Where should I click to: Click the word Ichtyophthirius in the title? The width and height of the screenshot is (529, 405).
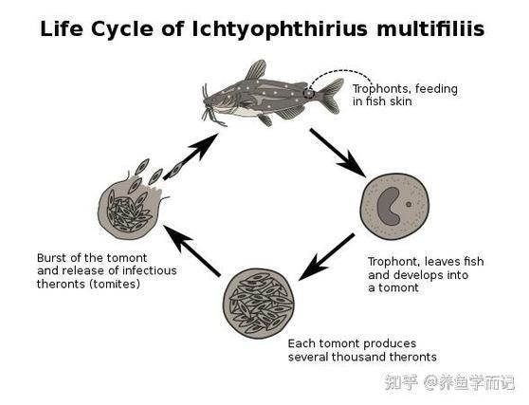[x=280, y=29]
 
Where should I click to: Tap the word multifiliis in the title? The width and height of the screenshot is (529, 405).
[x=430, y=28]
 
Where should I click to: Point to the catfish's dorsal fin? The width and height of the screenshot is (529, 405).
[x=255, y=69]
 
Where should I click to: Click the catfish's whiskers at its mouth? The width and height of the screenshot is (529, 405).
[x=210, y=108]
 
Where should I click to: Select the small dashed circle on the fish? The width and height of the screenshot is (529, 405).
[x=308, y=93]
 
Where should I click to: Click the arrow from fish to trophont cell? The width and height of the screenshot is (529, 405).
[x=338, y=153]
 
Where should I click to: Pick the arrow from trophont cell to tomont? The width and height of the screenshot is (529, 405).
[x=326, y=256]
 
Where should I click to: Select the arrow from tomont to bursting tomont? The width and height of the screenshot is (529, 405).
[x=192, y=250]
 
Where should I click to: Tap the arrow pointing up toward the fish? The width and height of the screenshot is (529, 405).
[x=191, y=156]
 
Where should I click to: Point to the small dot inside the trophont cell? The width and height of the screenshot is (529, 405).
[x=409, y=204]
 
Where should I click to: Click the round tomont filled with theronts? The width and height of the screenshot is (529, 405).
[x=258, y=304]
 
